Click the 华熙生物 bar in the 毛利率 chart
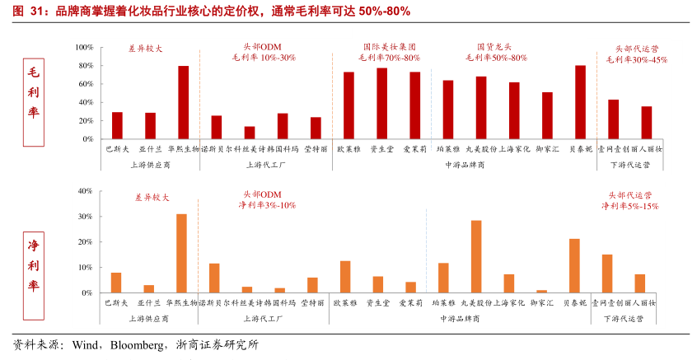coord(183,102)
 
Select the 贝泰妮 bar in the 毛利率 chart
coord(580,102)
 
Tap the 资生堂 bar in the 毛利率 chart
coord(381,104)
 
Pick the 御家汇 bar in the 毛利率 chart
coord(547,115)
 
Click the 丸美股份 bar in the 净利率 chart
coord(476,256)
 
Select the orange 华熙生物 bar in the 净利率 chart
coord(181,253)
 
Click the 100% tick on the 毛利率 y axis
coord(83,48)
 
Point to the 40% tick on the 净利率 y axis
coord(84,191)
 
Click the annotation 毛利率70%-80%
coord(389,58)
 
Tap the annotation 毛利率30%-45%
coord(637,59)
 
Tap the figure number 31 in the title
coord(31,11)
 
